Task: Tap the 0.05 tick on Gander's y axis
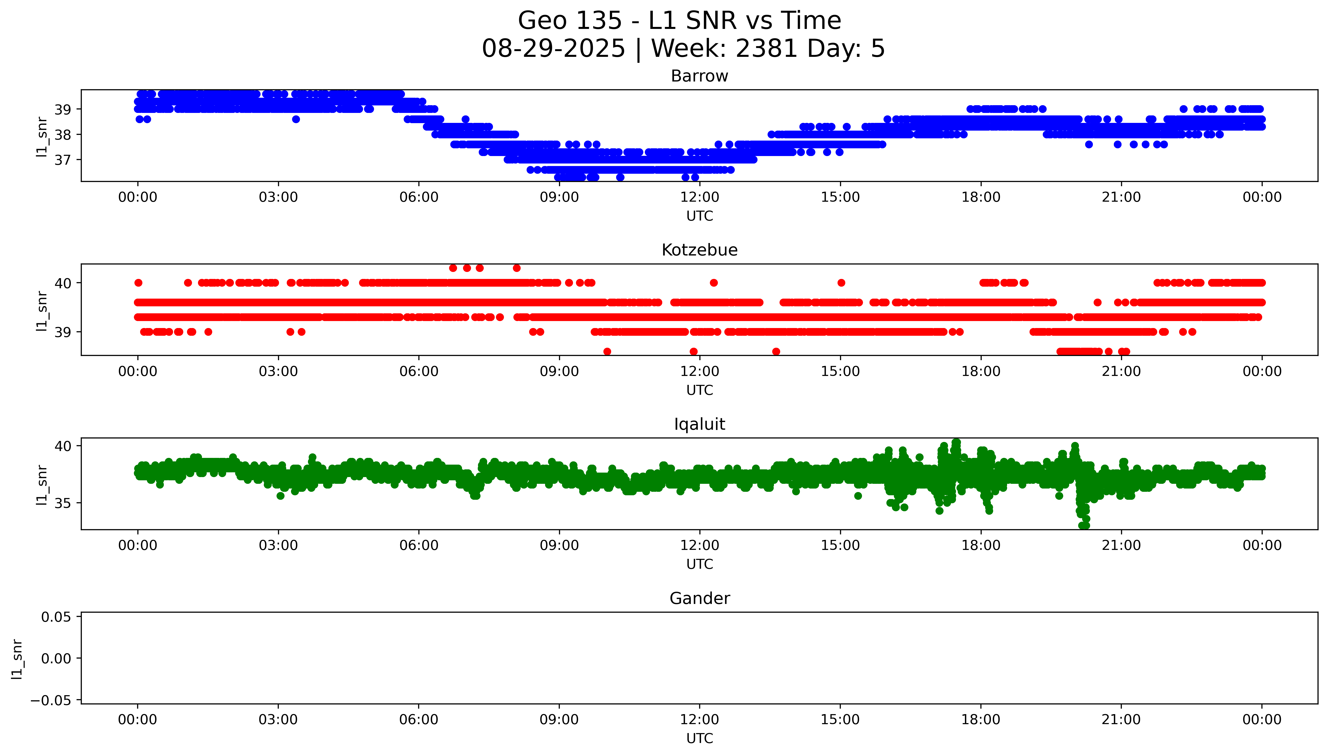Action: [x=56, y=617]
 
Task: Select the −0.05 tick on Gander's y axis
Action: [x=51, y=700]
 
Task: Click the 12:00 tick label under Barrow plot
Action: [x=700, y=197]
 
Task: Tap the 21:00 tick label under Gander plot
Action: [x=1121, y=720]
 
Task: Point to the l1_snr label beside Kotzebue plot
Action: [x=42, y=311]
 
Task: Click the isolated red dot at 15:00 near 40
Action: [x=841, y=283]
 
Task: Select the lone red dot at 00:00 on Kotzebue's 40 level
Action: [x=138, y=283]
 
